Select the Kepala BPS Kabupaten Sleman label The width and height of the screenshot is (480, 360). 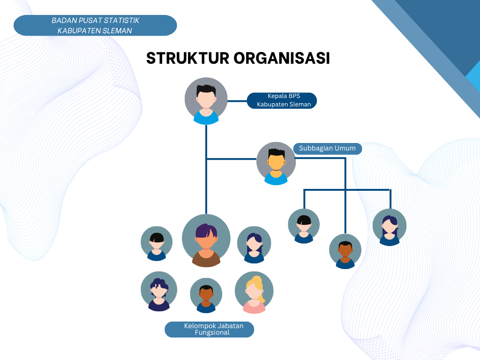pos(283,100)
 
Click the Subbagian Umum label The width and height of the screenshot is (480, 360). pos(327,149)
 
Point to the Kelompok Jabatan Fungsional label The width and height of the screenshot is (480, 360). pos(210,329)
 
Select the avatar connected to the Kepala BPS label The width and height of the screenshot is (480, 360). pos(206,101)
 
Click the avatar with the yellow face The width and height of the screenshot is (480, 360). pos(276,163)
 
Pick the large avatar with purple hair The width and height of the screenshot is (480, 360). pos(206,240)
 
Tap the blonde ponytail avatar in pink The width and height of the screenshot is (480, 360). pos(254,292)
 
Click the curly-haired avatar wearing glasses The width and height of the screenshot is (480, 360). pos(159,291)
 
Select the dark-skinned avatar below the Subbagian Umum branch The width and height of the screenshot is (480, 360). pos(345,251)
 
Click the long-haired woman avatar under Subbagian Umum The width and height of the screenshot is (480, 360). pos(390,227)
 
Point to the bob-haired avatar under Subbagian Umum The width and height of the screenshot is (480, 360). pos(304,226)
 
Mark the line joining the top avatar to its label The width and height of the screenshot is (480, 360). pos(237,100)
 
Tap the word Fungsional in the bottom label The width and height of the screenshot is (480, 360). pos(212,333)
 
